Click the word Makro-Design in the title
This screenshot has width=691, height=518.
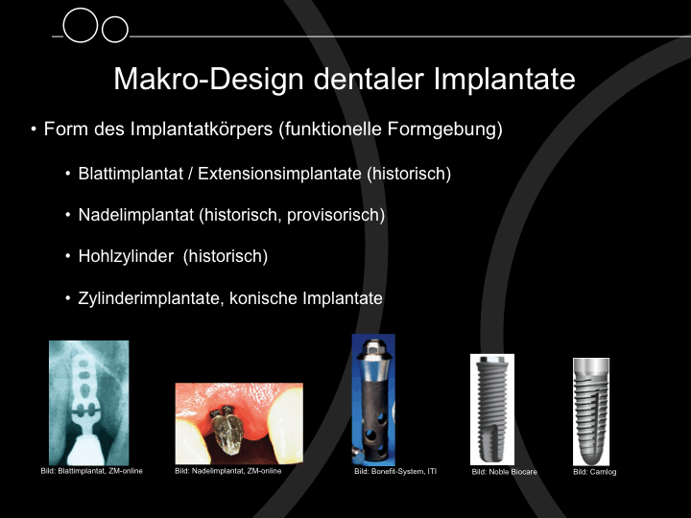click(x=209, y=80)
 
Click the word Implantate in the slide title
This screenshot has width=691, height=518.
click(x=504, y=80)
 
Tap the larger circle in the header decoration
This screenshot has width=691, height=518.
click(x=81, y=26)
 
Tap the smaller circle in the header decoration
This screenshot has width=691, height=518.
click(x=115, y=30)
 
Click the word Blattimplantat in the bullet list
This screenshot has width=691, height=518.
click(x=131, y=174)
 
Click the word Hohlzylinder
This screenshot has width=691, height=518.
click(x=126, y=256)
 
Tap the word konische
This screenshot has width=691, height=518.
click(x=263, y=298)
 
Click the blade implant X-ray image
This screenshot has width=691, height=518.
click(x=89, y=403)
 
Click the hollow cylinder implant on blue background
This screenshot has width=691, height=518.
click(x=373, y=399)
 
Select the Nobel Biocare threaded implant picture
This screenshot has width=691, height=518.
click(x=492, y=410)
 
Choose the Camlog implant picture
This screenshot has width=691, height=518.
click(x=591, y=412)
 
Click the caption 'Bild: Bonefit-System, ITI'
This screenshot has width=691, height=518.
click(x=395, y=471)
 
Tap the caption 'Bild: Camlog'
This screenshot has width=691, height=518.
click(x=594, y=472)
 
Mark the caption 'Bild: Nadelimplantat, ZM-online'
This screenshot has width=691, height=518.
click(x=227, y=471)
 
